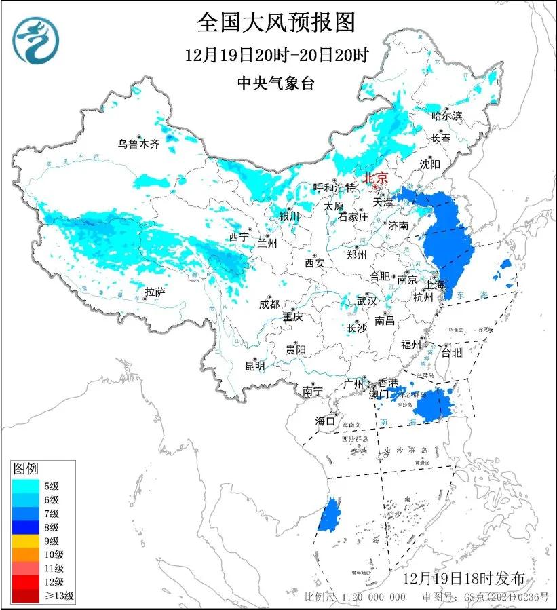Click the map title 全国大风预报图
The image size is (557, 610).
tap(276, 22)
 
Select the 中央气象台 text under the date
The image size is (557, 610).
tap(276, 83)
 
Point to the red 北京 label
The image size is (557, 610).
tap(375, 178)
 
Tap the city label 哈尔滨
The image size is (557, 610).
tap(447, 116)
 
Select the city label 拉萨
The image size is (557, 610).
tap(155, 292)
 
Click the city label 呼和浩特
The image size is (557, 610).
tap(334, 187)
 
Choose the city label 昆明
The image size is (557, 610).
tap(255, 366)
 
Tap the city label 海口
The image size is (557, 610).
tap(325, 421)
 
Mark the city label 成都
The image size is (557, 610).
tap(269, 304)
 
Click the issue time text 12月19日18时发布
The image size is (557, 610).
tap(464, 579)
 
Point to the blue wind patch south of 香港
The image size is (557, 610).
tap(432, 405)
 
